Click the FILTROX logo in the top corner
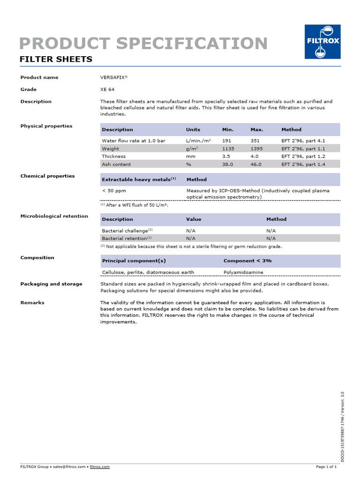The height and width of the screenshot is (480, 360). pos(322,42)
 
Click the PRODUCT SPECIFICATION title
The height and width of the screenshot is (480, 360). pos(143,43)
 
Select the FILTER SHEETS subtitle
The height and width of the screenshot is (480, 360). pos(55,60)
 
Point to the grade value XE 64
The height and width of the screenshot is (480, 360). pos(107,90)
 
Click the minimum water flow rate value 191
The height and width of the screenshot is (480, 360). pos(227,141)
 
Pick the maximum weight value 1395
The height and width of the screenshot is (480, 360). pos(257,149)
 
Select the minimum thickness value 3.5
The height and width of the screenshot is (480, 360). pos(226,157)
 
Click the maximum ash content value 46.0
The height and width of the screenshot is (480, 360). pos(256,165)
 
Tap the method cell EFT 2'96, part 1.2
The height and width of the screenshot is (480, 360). pos(303,157)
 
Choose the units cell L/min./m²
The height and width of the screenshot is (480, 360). pos(198,141)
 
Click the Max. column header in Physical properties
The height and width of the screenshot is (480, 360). pos(257,130)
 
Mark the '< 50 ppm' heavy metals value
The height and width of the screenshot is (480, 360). pos(114,191)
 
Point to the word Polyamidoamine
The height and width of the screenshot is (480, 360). pos(243,272)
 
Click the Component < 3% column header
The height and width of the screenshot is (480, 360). pos(247,261)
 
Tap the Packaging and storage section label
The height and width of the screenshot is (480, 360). pos(51,284)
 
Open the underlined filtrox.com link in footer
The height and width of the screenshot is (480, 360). pos(99,467)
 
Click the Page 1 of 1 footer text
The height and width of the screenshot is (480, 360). pos(326,467)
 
